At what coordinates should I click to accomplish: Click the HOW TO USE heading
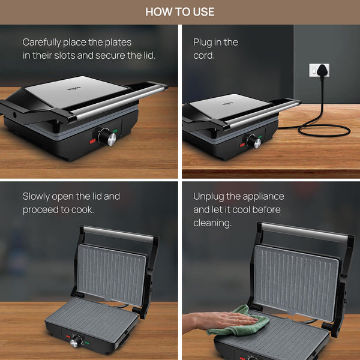pos(180,12)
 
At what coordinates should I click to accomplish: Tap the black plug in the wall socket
pos(322,70)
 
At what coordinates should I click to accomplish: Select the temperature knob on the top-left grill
pos(107,136)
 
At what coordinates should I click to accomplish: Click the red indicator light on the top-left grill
pos(92,141)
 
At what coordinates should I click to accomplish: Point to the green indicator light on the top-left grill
pos(115,131)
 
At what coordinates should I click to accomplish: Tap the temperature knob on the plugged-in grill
pos(254,141)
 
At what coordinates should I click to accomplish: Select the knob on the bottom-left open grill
pos(76,340)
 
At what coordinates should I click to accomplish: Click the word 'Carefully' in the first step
pos(41,43)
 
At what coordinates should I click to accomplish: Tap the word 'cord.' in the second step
pos(204,56)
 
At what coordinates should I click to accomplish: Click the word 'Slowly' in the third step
pos(36,197)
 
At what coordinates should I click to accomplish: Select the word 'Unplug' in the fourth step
pos(208,197)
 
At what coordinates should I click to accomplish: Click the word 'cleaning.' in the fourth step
pos(212,223)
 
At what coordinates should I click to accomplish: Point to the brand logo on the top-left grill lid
pos(74,88)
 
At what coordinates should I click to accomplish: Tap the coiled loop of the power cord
pos(324,130)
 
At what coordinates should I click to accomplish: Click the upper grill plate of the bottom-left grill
pos(112,274)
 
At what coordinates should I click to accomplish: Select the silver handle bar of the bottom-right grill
pos(305,232)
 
